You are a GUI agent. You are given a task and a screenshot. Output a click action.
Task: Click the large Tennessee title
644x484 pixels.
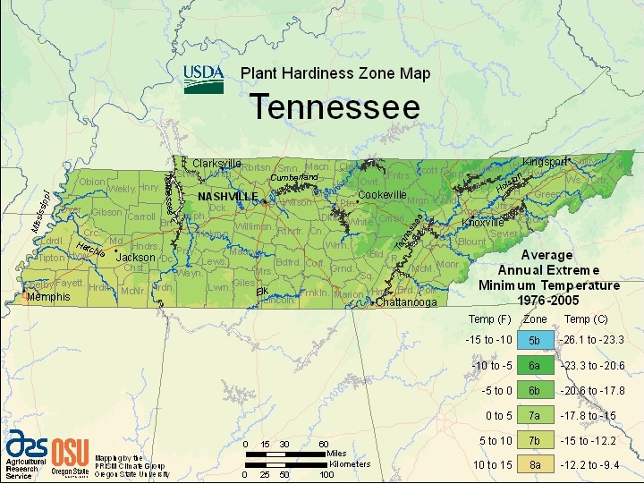click(x=335, y=107)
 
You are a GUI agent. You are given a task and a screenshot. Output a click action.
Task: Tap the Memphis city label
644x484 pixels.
click(x=48, y=296)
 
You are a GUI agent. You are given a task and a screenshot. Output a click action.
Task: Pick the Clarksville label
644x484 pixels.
click(x=217, y=164)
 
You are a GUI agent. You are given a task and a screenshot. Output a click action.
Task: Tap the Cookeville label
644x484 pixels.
click(x=382, y=194)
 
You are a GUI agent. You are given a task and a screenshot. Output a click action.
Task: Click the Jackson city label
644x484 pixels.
click(x=136, y=257)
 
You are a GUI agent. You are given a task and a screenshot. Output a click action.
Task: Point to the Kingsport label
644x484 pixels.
click(x=546, y=162)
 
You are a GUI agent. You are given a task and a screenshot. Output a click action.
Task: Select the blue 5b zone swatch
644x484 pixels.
click(x=534, y=341)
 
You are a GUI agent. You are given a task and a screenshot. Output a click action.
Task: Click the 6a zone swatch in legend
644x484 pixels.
click(x=534, y=366)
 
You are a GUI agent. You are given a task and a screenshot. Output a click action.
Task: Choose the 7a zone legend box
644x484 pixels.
click(x=534, y=415)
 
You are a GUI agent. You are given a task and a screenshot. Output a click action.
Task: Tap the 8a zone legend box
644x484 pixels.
click(x=534, y=464)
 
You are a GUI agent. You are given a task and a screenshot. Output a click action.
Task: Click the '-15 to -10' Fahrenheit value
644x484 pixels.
click(x=488, y=341)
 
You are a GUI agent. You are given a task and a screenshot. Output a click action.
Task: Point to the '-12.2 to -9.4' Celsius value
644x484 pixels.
click(x=591, y=464)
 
